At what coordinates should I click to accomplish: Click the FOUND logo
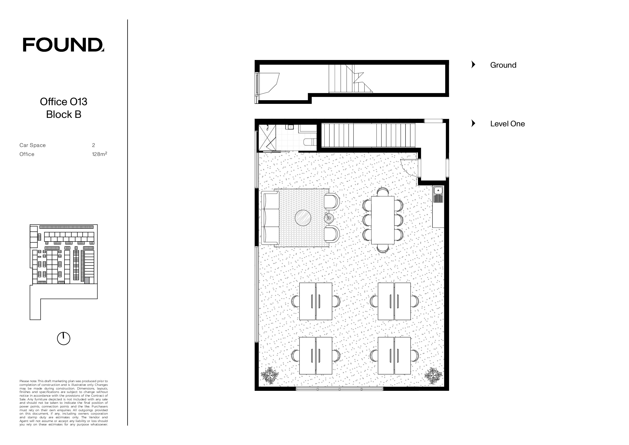[x=63, y=45]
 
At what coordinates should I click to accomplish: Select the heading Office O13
[x=64, y=102]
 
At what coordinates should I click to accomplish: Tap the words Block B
[x=64, y=114]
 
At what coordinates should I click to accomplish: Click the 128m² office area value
[x=99, y=154]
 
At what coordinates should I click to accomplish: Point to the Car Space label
[x=32, y=145]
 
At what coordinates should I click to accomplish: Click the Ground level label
[x=503, y=65]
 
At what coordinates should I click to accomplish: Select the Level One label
[x=508, y=124]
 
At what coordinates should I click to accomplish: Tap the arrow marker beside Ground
[x=473, y=65]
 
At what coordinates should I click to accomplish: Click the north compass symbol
[x=64, y=339]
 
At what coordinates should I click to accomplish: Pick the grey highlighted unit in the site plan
[x=87, y=280]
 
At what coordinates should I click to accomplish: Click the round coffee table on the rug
[x=303, y=218]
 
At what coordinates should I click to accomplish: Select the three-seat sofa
[x=270, y=218]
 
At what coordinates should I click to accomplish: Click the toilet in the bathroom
[x=310, y=142]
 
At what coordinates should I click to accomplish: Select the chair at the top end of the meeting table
[x=383, y=192]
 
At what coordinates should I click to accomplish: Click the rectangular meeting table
[x=383, y=220]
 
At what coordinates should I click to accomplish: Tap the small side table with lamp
[x=329, y=218]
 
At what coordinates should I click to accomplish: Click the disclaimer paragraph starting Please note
[x=64, y=403]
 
